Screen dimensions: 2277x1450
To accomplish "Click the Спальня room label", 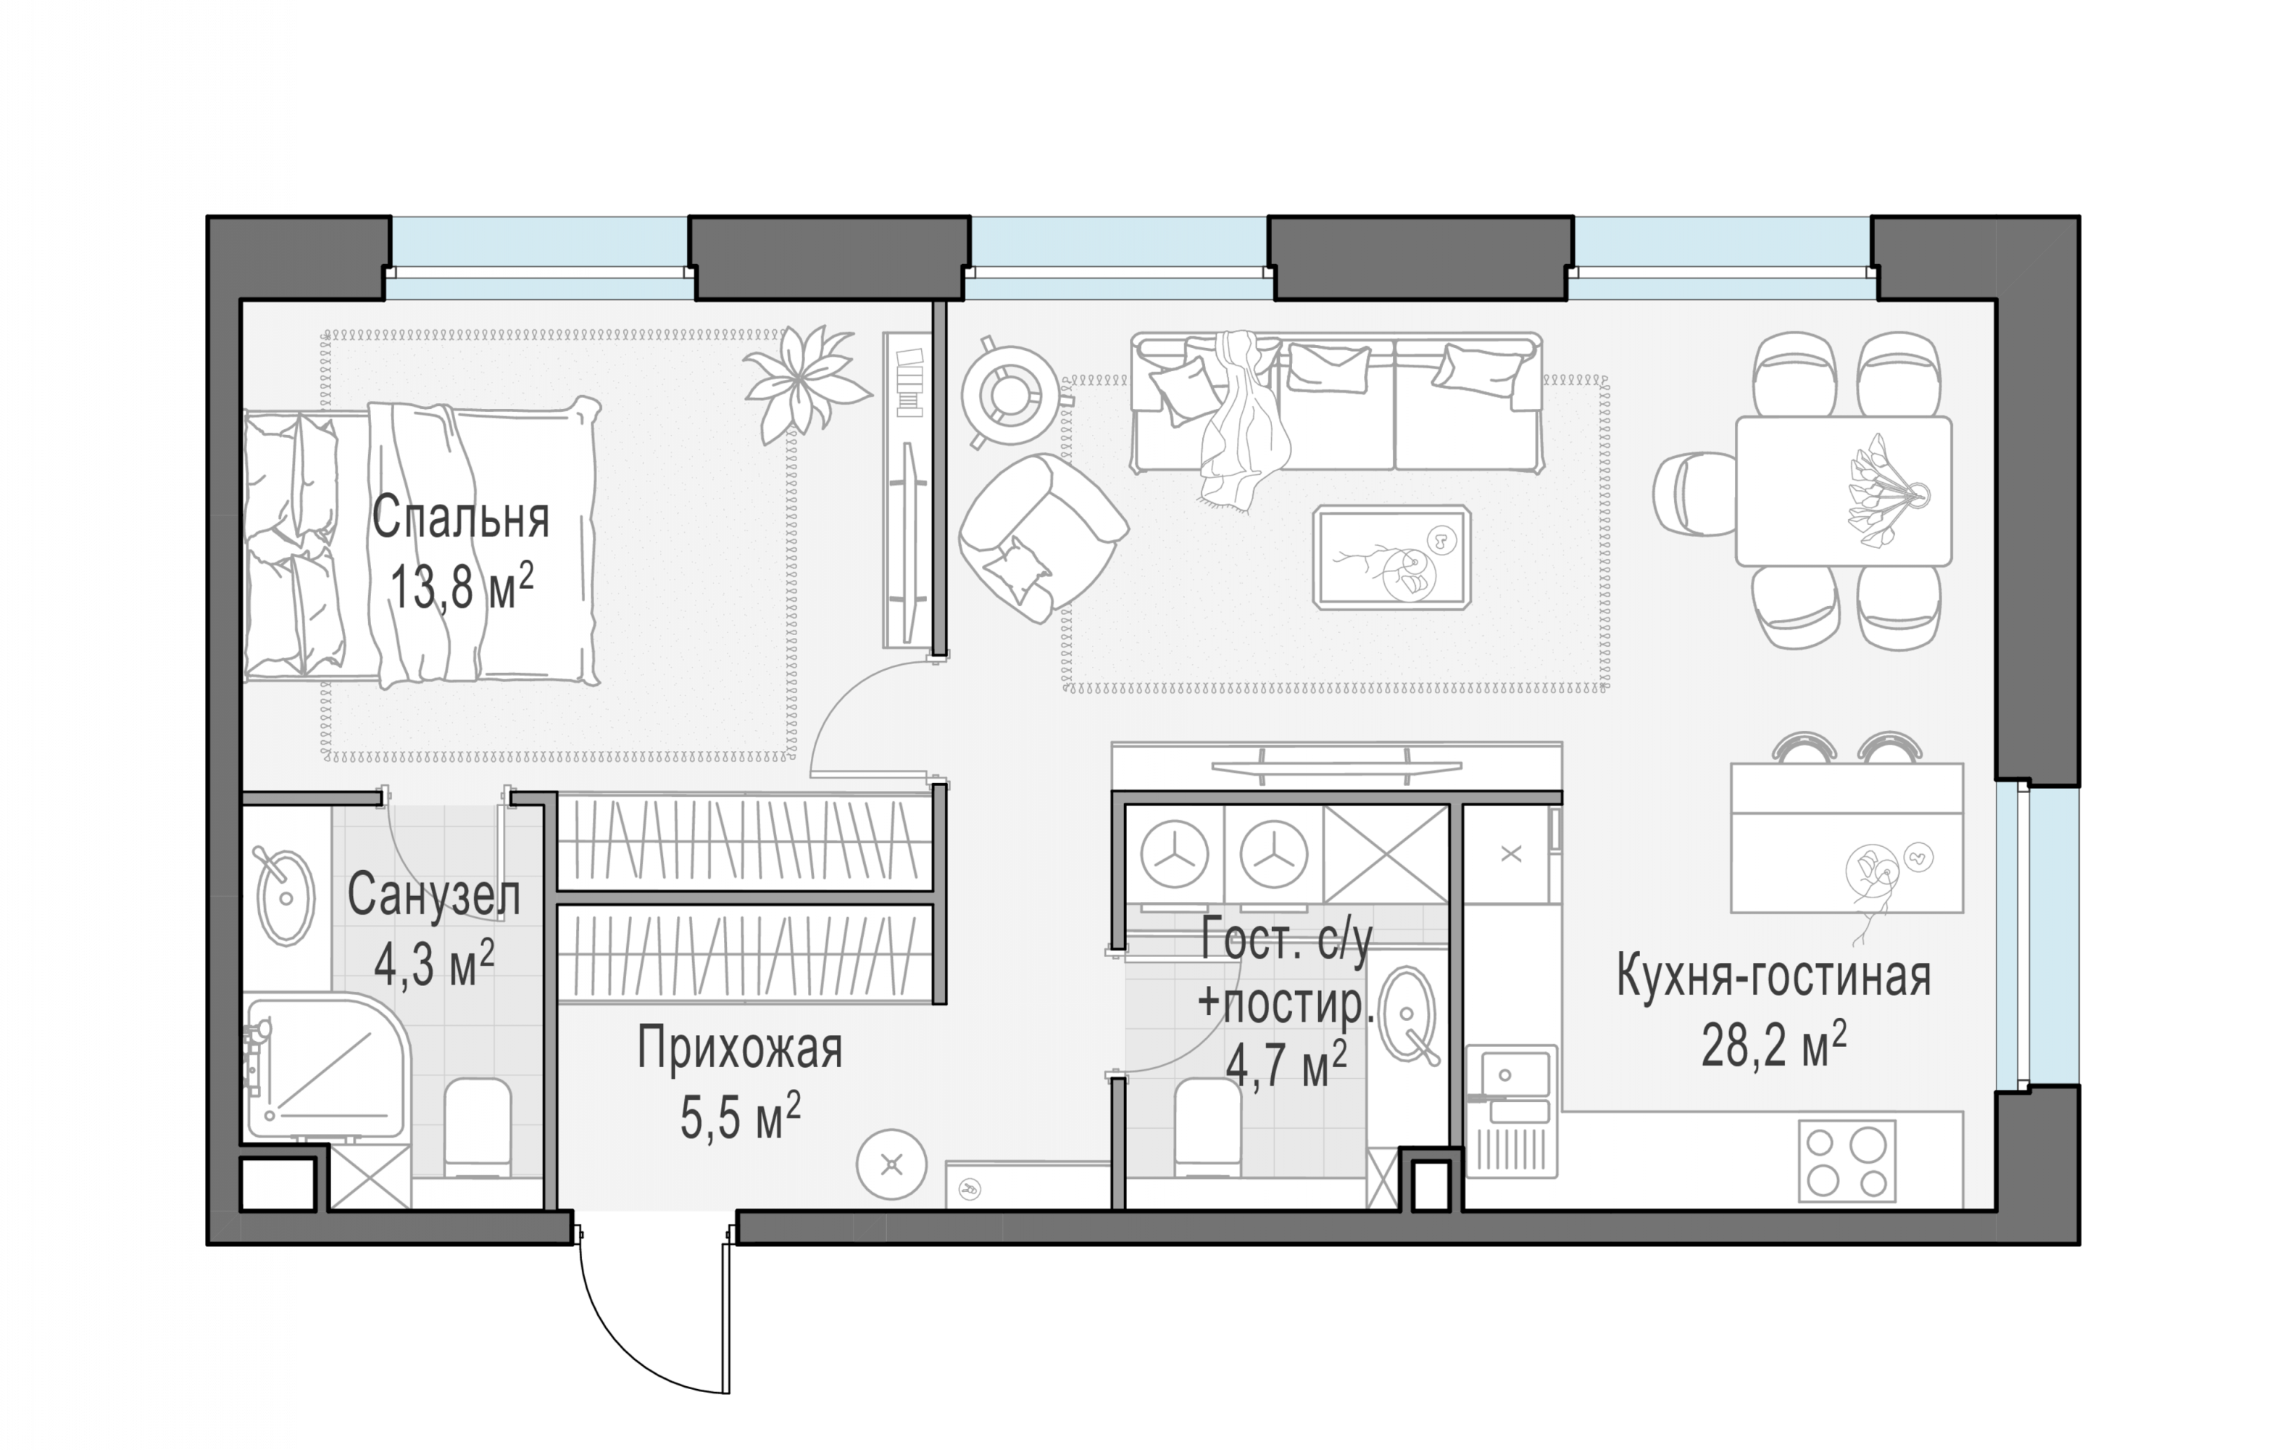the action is point(459,518).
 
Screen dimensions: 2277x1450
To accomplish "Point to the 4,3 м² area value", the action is point(434,964).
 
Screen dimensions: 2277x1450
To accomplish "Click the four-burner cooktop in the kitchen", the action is point(1847,1161).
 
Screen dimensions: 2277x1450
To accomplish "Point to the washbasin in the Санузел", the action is point(286,898).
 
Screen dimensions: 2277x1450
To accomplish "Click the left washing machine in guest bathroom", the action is point(1175,854).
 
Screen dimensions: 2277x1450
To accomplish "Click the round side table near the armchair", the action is point(1011,395).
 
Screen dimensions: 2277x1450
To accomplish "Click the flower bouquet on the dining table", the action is point(1882,491).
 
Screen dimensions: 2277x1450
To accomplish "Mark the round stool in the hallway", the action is point(891,1164).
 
